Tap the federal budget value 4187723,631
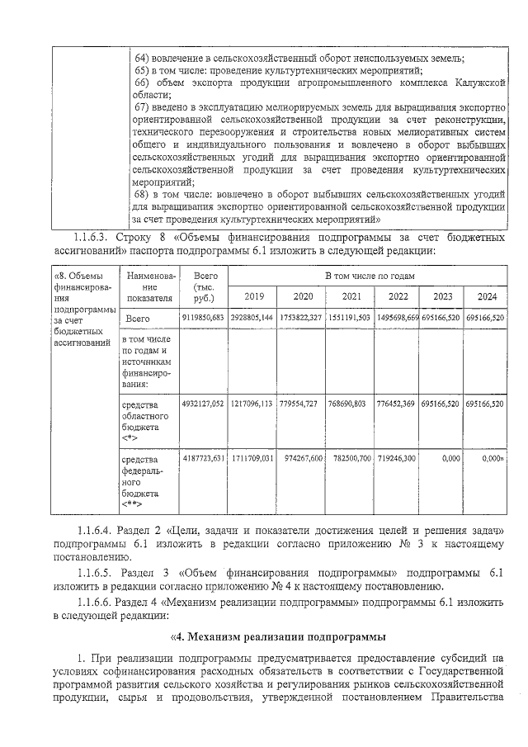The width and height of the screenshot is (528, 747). click(x=203, y=457)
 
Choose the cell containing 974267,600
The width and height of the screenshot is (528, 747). click(x=302, y=457)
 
